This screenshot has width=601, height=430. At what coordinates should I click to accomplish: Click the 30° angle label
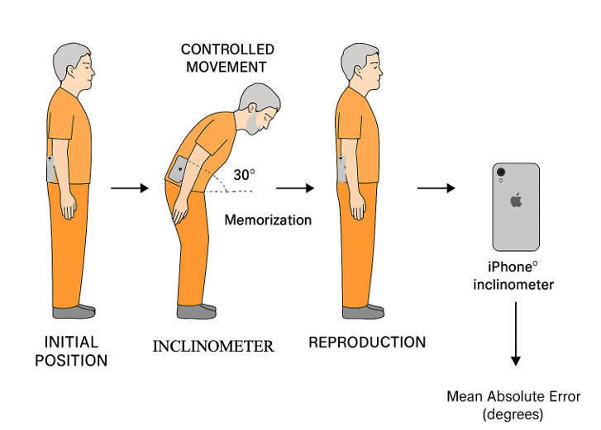click(x=244, y=175)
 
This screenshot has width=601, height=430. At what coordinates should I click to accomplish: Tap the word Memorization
click(x=268, y=220)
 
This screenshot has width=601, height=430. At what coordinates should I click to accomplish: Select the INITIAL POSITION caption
click(x=71, y=351)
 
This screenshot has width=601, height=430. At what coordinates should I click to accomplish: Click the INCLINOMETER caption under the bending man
click(x=213, y=346)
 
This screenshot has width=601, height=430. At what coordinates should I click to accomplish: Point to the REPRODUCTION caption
click(x=367, y=342)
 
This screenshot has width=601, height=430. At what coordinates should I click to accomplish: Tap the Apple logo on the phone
click(x=517, y=200)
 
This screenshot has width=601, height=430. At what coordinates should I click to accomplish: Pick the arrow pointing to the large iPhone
click(x=436, y=189)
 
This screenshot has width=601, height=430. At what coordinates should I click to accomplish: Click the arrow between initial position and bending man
click(x=129, y=189)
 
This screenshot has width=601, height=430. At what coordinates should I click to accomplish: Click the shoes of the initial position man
click(x=74, y=311)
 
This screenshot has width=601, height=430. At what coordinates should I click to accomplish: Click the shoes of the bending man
click(x=197, y=312)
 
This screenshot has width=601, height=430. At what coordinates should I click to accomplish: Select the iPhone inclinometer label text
click(x=513, y=276)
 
